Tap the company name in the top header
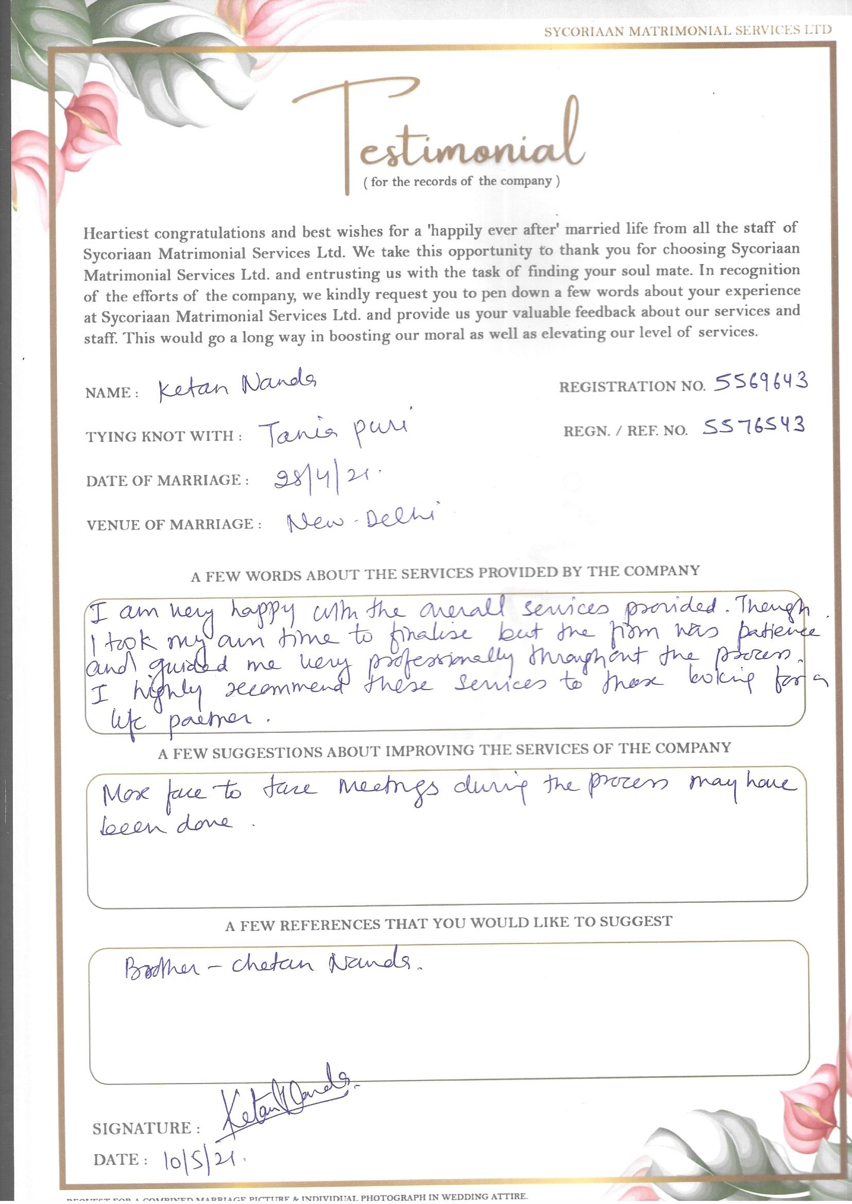[x=687, y=31]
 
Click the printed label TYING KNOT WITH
[x=164, y=436]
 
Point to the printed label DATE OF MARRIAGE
[x=167, y=480]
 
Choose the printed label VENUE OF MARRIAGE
[x=174, y=524]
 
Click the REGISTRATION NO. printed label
[x=632, y=387]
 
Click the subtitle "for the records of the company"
[x=462, y=181]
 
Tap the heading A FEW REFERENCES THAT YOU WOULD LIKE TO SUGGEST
[x=449, y=924]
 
